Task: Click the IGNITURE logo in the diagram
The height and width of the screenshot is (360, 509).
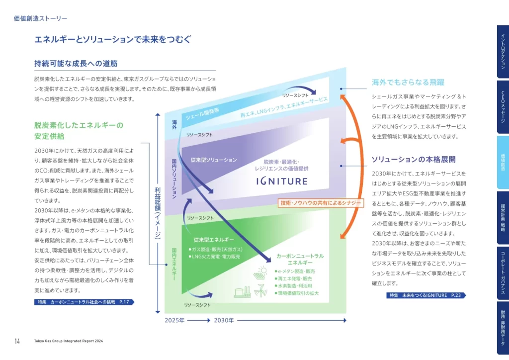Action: click(x=282, y=181)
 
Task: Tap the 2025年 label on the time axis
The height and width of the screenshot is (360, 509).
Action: click(x=174, y=321)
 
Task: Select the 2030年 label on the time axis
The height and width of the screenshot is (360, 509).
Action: click(x=224, y=321)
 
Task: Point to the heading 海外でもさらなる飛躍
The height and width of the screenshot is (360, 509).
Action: click(x=408, y=82)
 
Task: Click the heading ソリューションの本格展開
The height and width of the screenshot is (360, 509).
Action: click(x=414, y=160)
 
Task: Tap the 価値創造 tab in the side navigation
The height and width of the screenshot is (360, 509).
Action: click(x=503, y=162)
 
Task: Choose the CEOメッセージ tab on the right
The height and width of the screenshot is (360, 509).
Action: click(x=503, y=107)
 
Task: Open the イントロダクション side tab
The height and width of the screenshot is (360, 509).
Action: click(x=503, y=51)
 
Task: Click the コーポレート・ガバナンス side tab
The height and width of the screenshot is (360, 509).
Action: click(x=503, y=273)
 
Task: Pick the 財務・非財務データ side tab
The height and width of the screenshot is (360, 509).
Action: click(x=503, y=328)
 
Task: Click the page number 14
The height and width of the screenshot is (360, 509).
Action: click(x=17, y=341)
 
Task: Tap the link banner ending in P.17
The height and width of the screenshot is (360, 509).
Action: click(x=84, y=302)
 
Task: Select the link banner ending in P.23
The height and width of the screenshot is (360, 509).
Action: click(x=426, y=295)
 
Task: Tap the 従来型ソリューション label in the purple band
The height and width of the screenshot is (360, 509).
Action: click(x=214, y=160)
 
